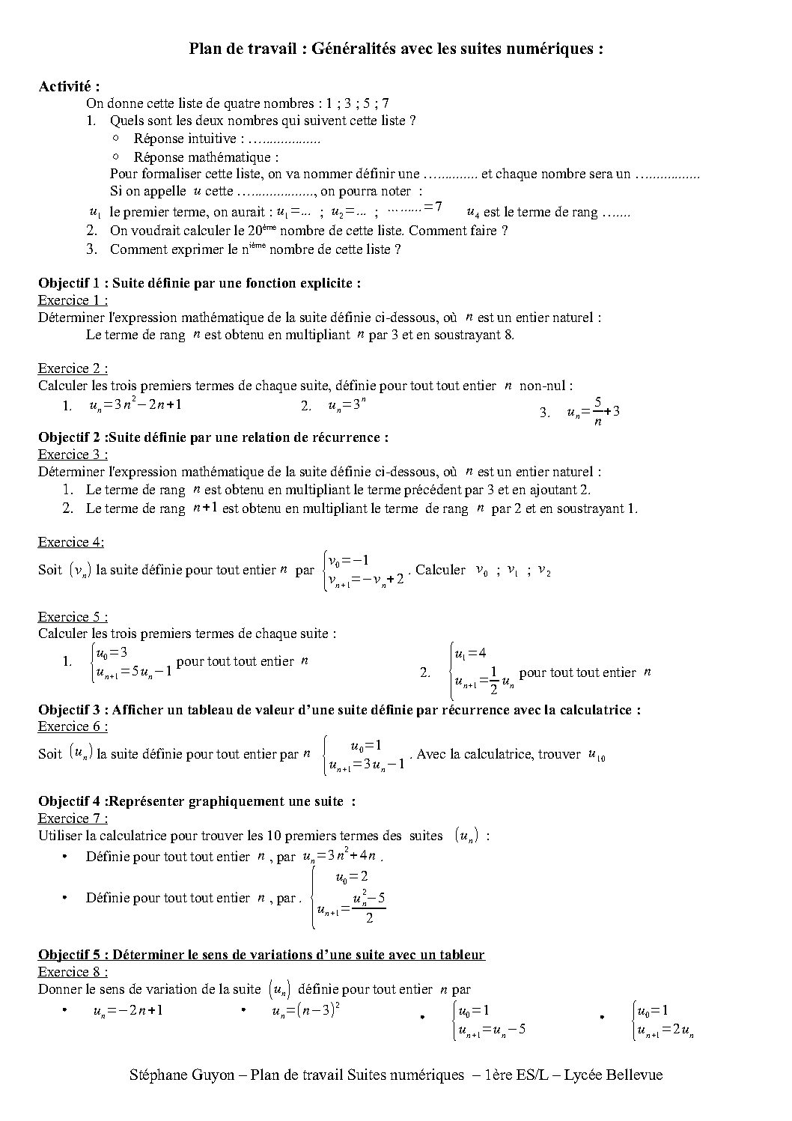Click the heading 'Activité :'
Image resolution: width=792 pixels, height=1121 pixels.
[x=69, y=86]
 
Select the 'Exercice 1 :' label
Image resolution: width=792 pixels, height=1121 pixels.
[x=73, y=300]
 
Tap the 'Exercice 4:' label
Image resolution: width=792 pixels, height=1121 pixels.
[x=71, y=542]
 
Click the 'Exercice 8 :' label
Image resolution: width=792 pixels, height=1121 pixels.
[x=73, y=972]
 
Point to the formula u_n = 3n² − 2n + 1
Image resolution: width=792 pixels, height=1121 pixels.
[x=135, y=406]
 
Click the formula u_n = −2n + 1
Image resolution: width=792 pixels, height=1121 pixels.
[x=128, y=1011]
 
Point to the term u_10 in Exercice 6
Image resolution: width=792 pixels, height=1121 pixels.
[x=597, y=755]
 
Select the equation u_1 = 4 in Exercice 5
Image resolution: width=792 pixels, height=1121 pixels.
[x=470, y=653]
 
